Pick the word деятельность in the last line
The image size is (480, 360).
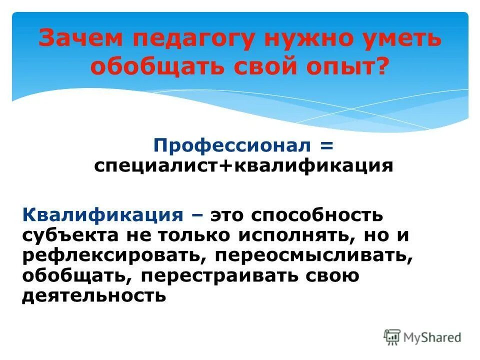(x=93, y=295)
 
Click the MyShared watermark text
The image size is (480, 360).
(x=433, y=337)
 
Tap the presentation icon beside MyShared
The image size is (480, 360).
(x=392, y=337)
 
